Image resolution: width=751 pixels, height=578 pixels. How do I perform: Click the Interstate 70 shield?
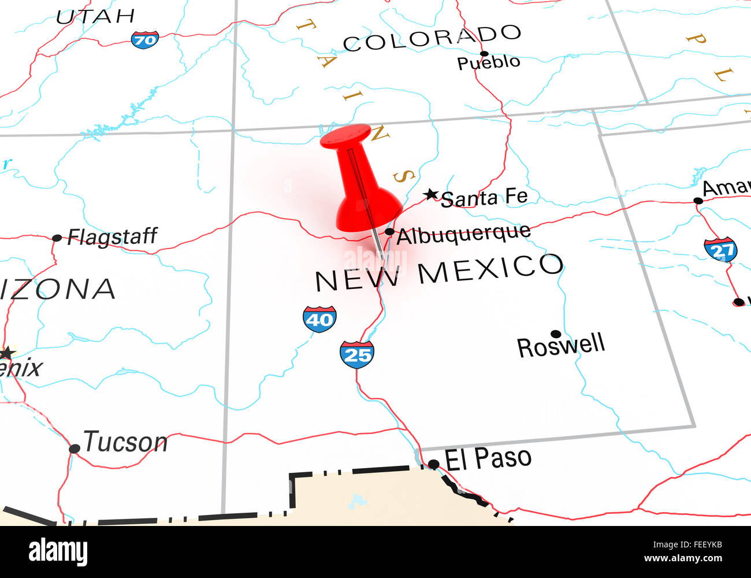coord(144,39)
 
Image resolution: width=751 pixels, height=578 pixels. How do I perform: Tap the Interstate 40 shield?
coord(319,319)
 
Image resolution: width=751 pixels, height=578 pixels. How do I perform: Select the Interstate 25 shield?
coord(356,355)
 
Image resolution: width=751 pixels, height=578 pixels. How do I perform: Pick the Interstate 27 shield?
coord(720,250)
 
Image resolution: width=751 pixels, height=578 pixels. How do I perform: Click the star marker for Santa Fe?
coord(430,194)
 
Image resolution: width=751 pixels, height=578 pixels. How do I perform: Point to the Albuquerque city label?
coord(463,234)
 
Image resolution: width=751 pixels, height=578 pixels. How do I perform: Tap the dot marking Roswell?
coord(556,334)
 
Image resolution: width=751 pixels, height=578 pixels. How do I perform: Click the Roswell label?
coord(561,346)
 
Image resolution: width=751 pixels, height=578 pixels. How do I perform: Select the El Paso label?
coord(489,458)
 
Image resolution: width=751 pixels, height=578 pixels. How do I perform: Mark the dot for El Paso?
coord(433,464)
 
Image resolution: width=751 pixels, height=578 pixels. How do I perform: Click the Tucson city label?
coord(125,442)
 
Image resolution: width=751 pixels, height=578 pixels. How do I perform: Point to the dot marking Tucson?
coord(74,449)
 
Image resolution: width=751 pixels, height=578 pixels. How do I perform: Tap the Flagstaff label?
coord(112,236)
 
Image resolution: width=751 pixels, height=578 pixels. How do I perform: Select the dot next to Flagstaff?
coord(57,238)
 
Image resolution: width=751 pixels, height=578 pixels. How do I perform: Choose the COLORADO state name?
coord(432,38)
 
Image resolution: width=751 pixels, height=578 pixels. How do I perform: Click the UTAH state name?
coord(95,16)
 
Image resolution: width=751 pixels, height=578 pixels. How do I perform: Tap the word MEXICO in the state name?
coord(490,269)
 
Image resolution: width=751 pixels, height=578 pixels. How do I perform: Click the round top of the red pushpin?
coord(345,136)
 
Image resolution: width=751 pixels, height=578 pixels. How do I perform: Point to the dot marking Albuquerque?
coord(389,232)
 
